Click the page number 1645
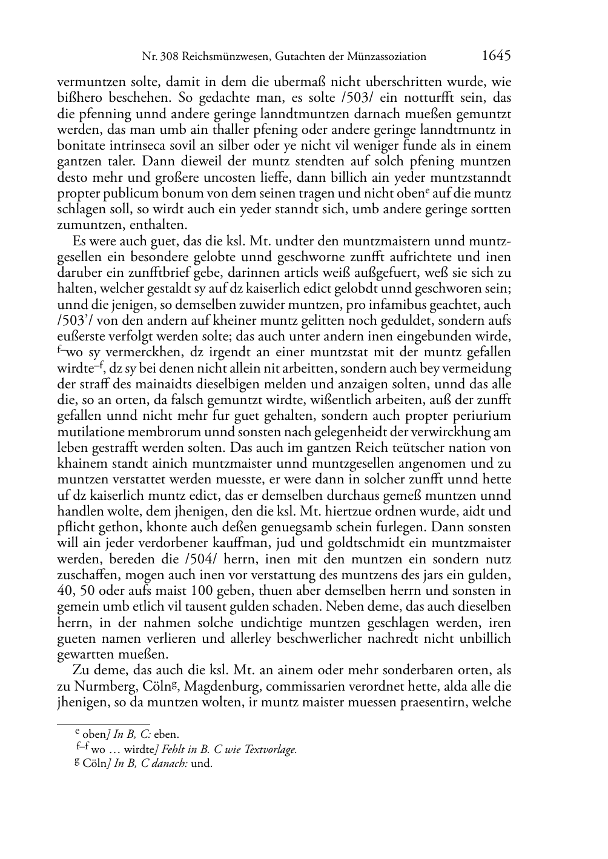pyautogui.click(x=497, y=56)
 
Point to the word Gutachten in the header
pyautogui.click(x=297, y=57)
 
